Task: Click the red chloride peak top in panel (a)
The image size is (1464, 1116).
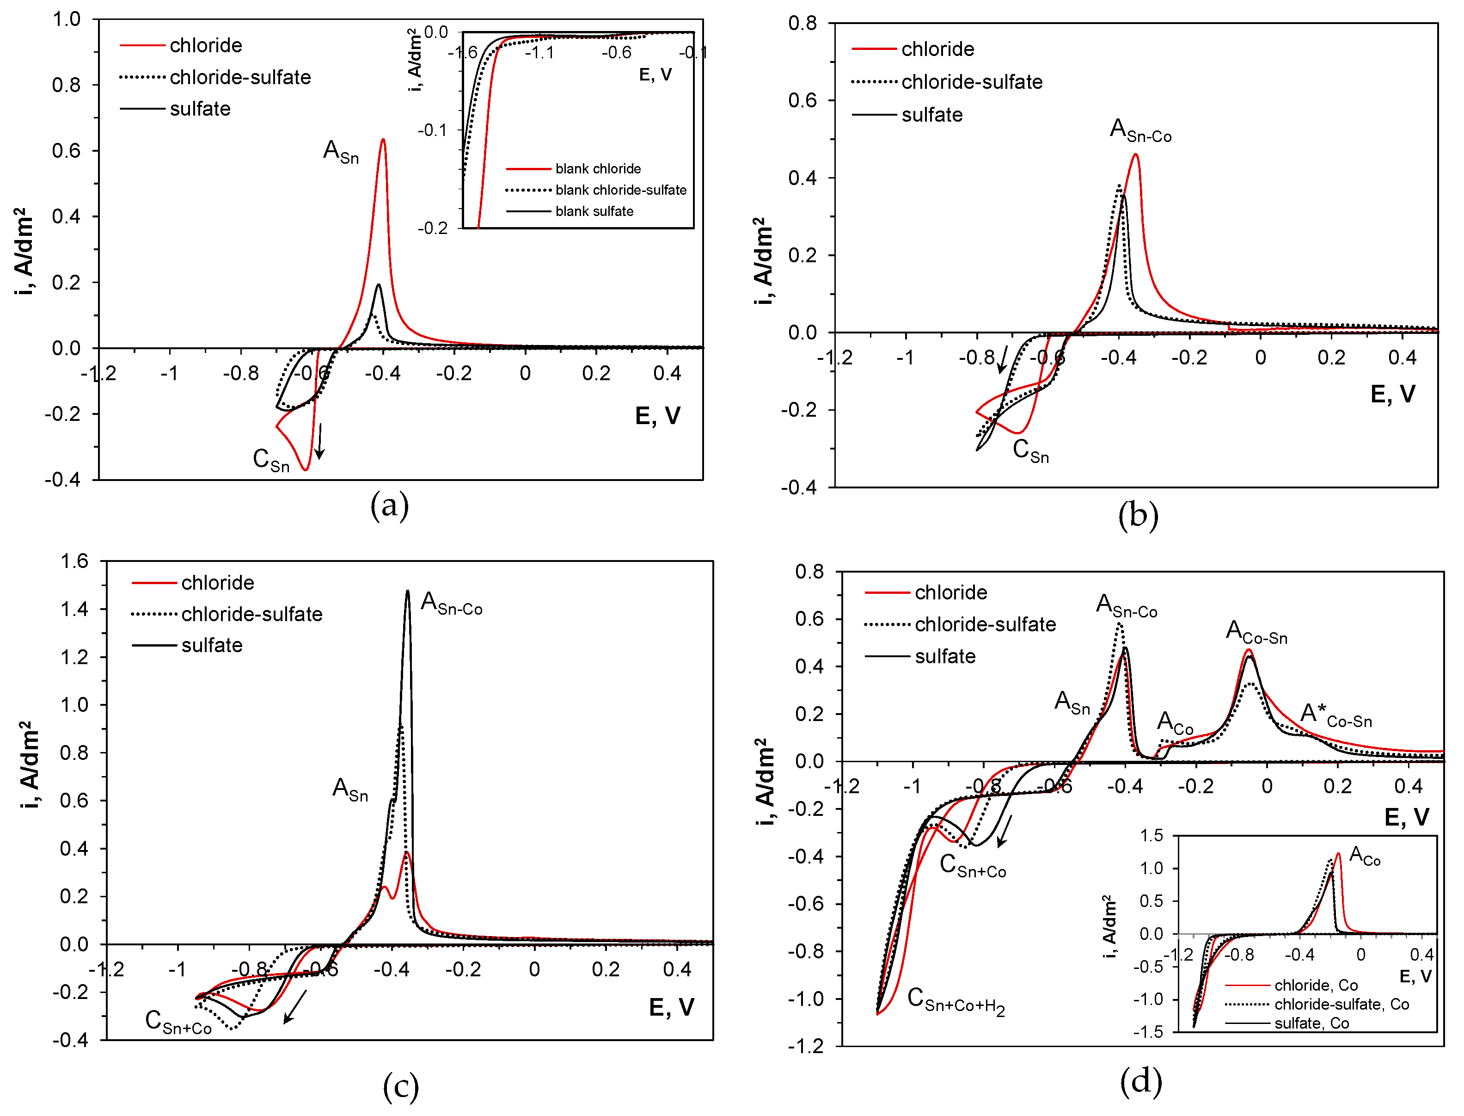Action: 383,140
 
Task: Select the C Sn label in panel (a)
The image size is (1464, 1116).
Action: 271,460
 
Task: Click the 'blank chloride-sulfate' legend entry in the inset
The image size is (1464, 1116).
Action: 620,190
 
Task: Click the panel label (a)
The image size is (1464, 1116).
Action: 389,506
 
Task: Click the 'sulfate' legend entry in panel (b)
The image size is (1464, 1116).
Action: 931,115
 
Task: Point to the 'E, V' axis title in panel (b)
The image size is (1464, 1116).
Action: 1392,394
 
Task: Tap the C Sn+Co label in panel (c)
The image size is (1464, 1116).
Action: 178,1022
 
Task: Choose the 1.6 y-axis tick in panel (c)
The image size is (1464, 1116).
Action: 74,561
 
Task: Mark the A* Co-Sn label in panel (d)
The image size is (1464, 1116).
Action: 1335,715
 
